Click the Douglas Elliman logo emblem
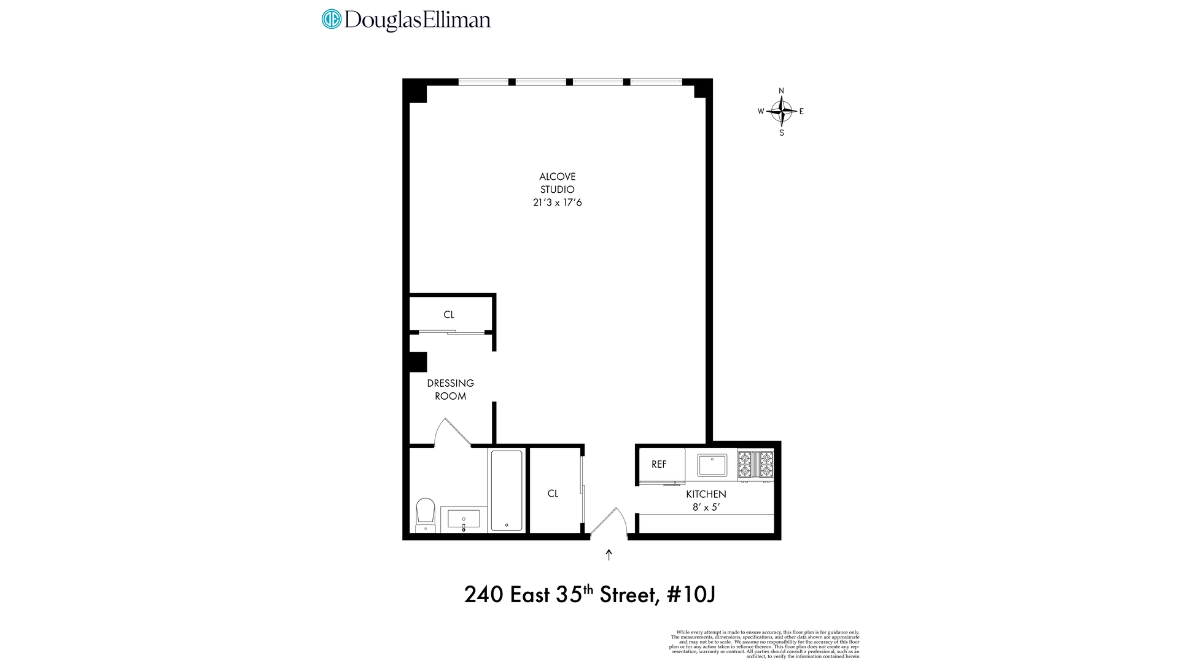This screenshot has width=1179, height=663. [x=331, y=19]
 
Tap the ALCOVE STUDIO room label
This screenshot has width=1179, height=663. [x=557, y=183]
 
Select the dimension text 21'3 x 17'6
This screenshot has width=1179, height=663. [x=557, y=203]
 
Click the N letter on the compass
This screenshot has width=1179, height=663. [x=781, y=91]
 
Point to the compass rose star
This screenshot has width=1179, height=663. [x=781, y=112]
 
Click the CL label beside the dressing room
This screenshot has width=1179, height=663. [x=449, y=314]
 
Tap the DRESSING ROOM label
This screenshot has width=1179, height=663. [x=450, y=389]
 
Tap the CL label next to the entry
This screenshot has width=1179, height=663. [x=553, y=494]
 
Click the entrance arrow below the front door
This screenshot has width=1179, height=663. [x=609, y=555]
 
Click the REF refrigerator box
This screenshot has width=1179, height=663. [x=660, y=465]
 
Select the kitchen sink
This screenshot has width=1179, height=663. [x=712, y=465]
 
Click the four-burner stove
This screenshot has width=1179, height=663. [x=755, y=465]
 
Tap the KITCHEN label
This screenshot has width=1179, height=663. [x=706, y=494]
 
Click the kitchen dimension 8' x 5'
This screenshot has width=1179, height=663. [x=706, y=508]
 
